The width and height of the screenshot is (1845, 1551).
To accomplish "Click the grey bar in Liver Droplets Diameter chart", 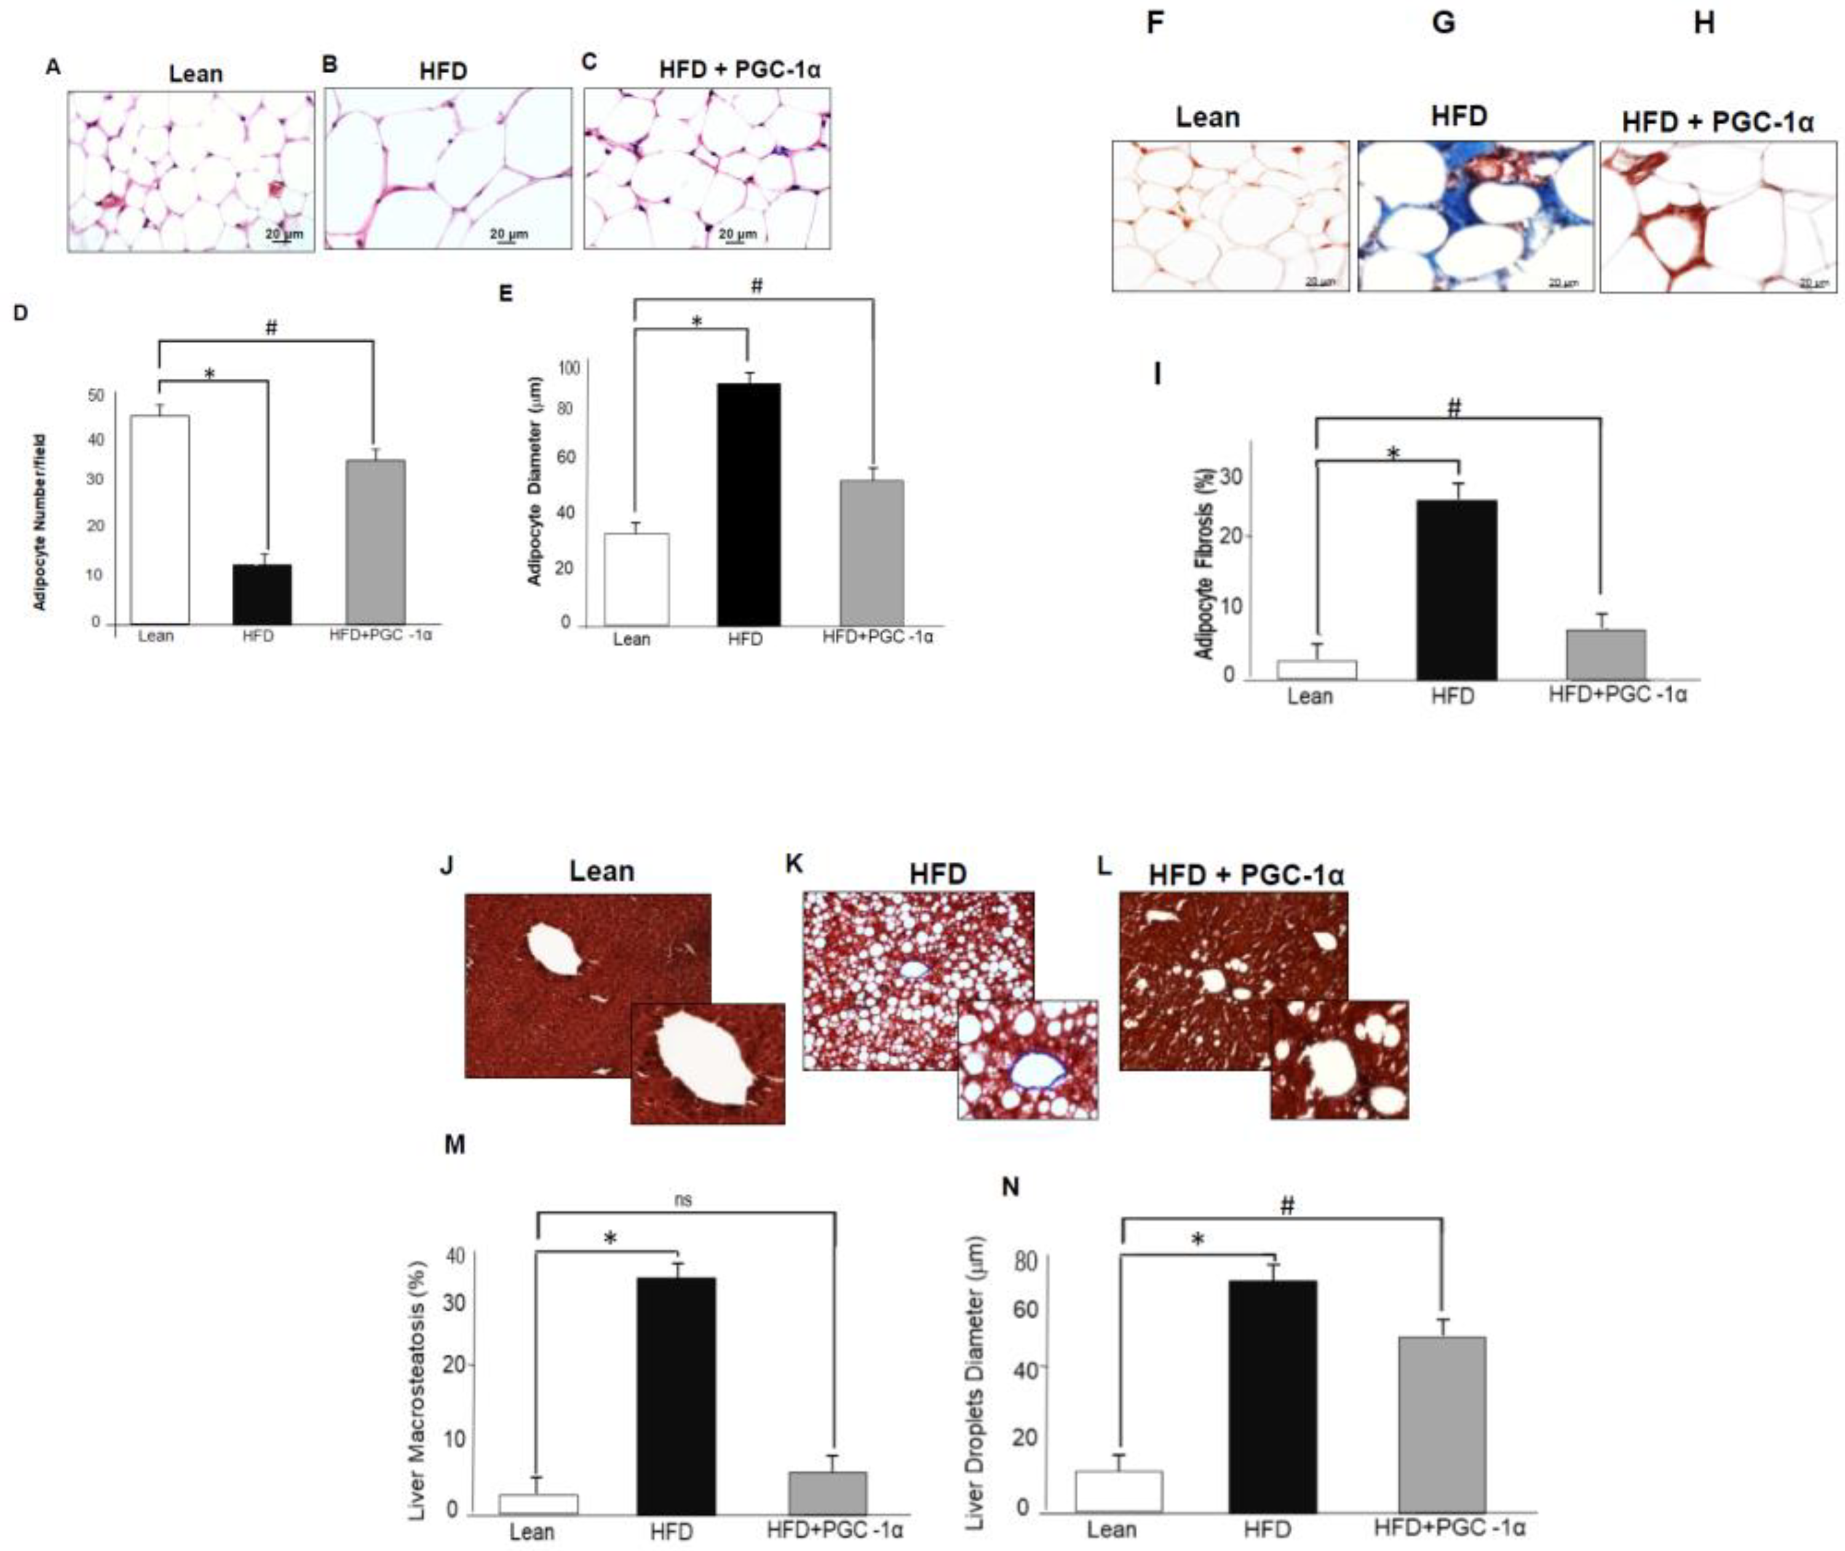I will (1442, 1424).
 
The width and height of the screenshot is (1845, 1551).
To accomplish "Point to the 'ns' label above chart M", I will (683, 1199).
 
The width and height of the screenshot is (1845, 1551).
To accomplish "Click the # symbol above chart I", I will (1454, 407).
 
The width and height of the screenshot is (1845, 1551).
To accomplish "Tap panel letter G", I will (1443, 23).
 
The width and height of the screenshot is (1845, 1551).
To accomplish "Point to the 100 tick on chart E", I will (570, 368).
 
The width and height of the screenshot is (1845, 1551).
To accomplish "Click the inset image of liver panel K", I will (1027, 1059).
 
